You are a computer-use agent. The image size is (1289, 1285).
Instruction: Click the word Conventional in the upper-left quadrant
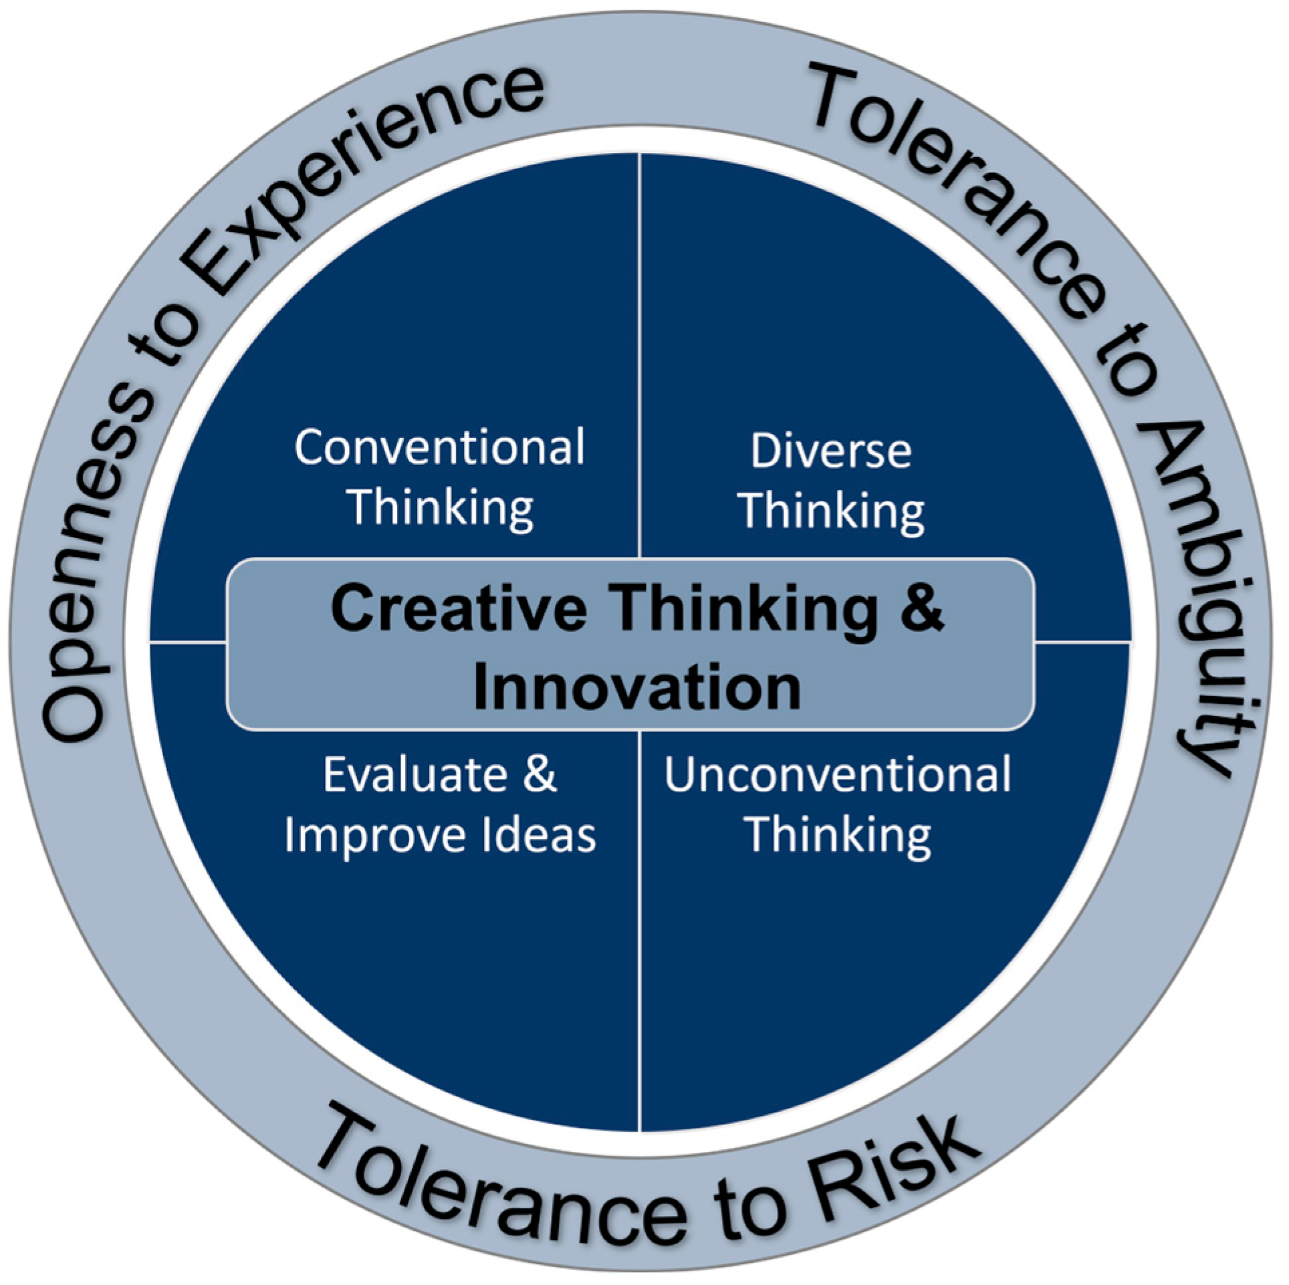(x=439, y=447)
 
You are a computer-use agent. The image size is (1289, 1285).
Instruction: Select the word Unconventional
(x=837, y=776)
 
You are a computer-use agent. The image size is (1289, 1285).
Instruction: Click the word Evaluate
(x=415, y=776)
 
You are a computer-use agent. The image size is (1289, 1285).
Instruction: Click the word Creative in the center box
(x=459, y=608)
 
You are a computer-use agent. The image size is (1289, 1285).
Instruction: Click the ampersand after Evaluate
(x=540, y=776)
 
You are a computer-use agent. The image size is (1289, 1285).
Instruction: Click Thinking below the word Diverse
(x=832, y=511)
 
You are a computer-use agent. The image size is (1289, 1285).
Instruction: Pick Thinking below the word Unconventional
(x=838, y=836)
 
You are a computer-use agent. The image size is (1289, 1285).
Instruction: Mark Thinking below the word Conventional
(x=442, y=508)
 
